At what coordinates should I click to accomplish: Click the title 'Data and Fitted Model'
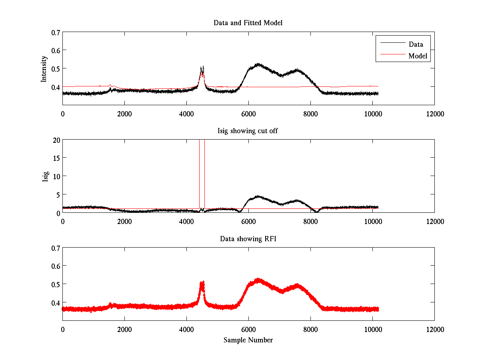click(x=248, y=23)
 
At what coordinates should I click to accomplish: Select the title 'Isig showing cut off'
click(x=248, y=131)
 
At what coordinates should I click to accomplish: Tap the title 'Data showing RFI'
click(x=248, y=239)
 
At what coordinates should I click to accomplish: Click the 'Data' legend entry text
click(x=416, y=44)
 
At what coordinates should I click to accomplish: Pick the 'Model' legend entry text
click(x=418, y=56)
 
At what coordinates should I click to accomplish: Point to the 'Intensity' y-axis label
click(x=44, y=69)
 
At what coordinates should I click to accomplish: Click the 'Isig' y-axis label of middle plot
click(x=45, y=177)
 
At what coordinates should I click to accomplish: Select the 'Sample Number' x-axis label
click(x=248, y=340)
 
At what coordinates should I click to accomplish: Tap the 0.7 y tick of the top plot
click(x=56, y=32)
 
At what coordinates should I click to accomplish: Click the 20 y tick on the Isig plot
click(x=56, y=140)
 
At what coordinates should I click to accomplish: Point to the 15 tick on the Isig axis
click(x=56, y=158)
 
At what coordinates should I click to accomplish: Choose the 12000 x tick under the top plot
click(x=435, y=114)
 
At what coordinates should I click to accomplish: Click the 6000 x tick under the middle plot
click(x=248, y=222)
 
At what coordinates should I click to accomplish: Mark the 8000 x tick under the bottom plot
click(x=310, y=329)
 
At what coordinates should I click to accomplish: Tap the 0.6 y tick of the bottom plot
click(x=56, y=266)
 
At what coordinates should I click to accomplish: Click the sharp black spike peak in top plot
click(x=203, y=66)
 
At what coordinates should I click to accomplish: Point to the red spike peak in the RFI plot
click(x=203, y=282)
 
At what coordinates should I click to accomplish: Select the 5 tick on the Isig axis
click(x=58, y=195)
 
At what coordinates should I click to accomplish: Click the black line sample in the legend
click(x=393, y=43)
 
